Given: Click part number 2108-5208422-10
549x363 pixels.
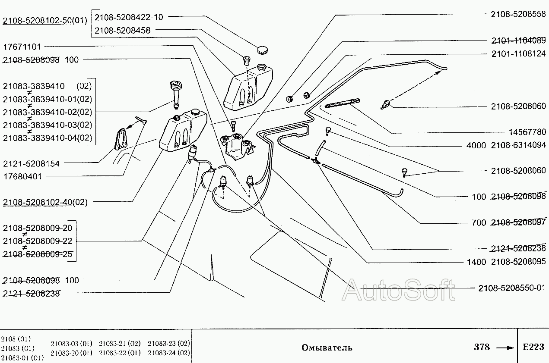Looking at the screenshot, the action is tap(129, 17).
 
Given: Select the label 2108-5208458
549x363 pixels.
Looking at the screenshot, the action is tap(122, 31).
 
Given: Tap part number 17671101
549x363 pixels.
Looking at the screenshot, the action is tap(22, 47).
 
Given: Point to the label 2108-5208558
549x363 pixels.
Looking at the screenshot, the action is tap(518, 14).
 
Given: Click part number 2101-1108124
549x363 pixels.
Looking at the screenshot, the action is tap(519, 53).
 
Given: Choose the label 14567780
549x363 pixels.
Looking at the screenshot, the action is tap(527, 132).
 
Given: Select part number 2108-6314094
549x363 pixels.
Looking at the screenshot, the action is tap(518, 145).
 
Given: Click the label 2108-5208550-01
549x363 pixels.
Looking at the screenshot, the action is tap(512, 288).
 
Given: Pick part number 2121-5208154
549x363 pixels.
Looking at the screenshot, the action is tap(32, 164).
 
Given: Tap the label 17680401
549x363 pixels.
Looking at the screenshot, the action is tap(22, 176).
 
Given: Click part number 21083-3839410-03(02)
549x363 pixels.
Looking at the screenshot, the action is tap(48, 125).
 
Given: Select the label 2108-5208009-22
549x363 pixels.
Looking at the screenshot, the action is tap(38, 241).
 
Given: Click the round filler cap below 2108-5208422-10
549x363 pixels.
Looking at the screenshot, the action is tap(262, 50).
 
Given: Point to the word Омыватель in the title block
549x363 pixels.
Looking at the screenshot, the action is tap(327, 347).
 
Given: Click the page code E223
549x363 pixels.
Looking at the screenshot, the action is tap(533, 347).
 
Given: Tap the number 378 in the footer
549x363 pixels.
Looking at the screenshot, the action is tap(482, 347).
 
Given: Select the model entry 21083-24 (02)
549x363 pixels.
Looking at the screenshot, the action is tap(169, 353).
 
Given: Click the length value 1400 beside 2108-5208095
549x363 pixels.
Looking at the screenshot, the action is tap(476, 262).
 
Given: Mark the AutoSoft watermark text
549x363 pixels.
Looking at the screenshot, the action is tap(398, 290).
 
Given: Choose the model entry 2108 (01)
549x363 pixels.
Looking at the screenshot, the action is tap(16, 339).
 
